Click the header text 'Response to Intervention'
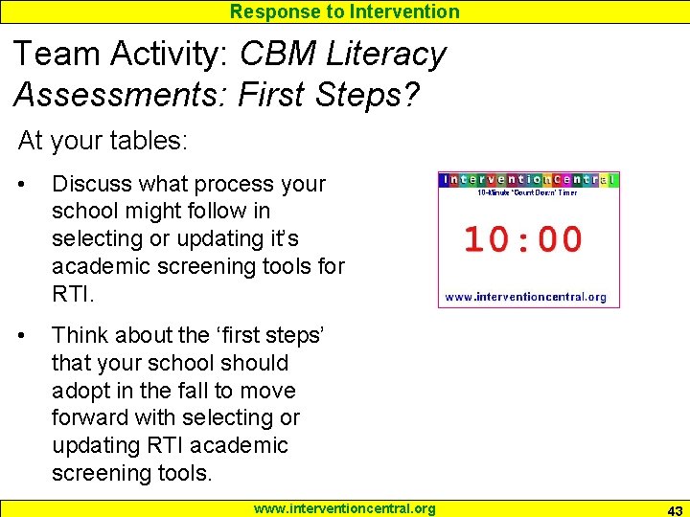coord(344,11)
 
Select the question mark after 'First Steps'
coord(410,94)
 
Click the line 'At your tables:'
coord(103,141)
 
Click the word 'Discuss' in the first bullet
coord(93,184)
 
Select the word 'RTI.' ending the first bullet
coord(73,294)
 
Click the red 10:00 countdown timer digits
coord(523,239)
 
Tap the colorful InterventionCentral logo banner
coord(528,180)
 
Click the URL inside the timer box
coord(526,297)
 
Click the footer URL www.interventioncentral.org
coord(344,508)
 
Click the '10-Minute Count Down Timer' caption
coord(527,192)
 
